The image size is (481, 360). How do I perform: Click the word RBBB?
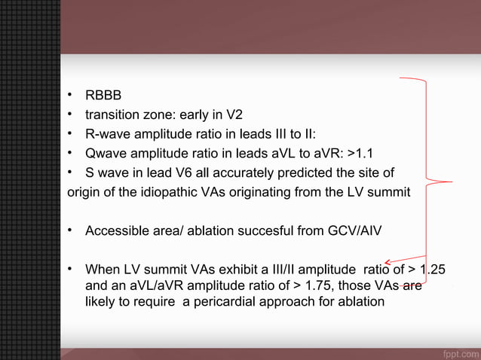tap(103, 97)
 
